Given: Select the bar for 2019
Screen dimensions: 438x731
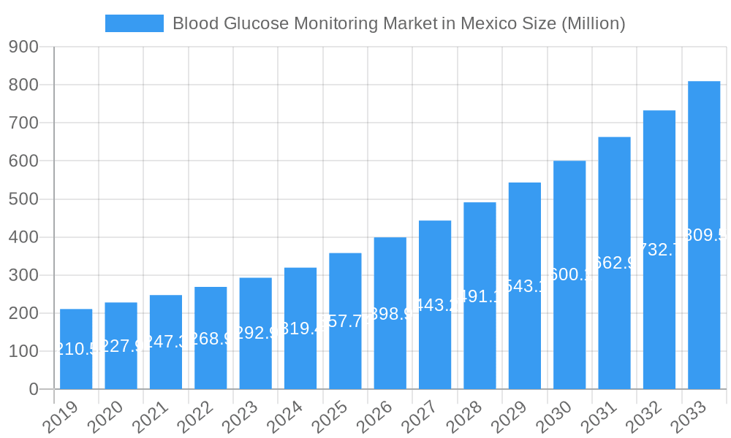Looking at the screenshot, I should pyautogui.click(x=76, y=349).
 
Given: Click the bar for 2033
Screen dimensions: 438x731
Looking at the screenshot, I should pyautogui.click(x=704, y=235).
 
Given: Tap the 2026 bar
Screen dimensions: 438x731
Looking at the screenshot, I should pyautogui.click(x=390, y=313).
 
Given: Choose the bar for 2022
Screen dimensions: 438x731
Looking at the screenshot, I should pyautogui.click(x=211, y=338).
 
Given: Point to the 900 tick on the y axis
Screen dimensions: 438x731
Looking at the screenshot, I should pyautogui.click(x=23, y=47).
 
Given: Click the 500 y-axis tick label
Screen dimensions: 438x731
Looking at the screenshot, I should pyautogui.click(x=23, y=199).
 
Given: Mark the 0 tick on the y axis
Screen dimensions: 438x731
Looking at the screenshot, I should pyautogui.click(x=34, y=390).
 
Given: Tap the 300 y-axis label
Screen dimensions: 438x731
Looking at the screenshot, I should pyautogui.click(x=23, y=275).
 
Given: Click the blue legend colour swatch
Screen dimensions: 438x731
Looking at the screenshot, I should pyautogui.click(x=135, y=23).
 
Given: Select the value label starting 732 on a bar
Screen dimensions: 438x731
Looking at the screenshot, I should pyautogui.click(x=659, y=250).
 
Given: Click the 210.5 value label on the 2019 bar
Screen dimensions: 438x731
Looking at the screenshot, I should pyautogui.click(x=76, y=350).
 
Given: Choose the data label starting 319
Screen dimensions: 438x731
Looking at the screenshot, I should pyautogui.click(x=300, y=329).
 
